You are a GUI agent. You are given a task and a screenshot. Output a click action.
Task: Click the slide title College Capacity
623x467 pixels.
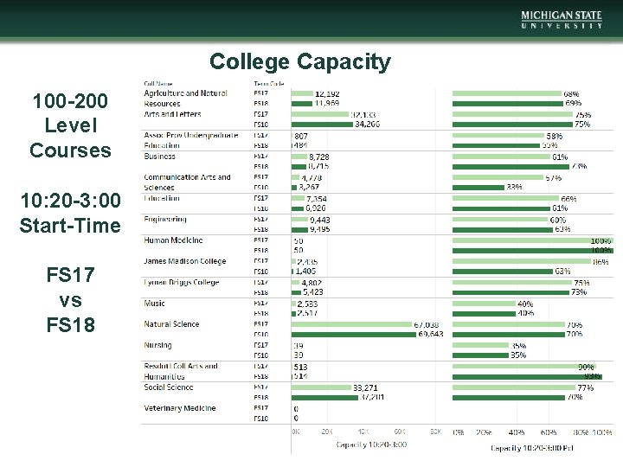pos(299,62)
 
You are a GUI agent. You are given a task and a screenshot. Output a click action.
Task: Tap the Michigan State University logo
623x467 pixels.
pos(562,20)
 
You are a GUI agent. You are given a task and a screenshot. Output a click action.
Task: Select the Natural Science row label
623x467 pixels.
pos(171,324)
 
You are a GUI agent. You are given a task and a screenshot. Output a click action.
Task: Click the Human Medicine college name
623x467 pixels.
pos(173,240)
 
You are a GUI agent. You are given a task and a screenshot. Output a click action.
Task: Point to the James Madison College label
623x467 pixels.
pos(184,261)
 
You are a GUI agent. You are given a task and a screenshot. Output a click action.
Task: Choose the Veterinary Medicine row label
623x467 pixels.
pos(179,408)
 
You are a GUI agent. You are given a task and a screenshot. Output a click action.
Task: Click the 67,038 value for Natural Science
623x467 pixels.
pos(431,324)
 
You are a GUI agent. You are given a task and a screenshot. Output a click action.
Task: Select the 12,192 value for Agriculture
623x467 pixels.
pos(327,93)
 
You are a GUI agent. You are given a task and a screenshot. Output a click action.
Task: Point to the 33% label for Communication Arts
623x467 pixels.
pos(514,187)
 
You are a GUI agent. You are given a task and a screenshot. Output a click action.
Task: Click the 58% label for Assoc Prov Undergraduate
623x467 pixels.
pos(554,136)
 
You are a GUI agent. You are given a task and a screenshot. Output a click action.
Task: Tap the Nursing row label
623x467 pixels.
pos(157,345)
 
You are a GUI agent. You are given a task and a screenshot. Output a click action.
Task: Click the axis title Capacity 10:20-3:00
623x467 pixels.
pos(371,445)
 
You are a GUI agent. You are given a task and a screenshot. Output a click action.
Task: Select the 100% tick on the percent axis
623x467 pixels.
pos(601,431)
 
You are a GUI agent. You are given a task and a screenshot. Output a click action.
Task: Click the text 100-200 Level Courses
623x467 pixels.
pos(70,126)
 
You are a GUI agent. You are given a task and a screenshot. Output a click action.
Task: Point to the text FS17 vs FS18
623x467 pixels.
pos(70,300)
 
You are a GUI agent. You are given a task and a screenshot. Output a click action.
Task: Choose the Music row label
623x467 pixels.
pos(154,304)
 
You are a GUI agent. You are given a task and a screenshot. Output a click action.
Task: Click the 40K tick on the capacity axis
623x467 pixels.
pos(364,431)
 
